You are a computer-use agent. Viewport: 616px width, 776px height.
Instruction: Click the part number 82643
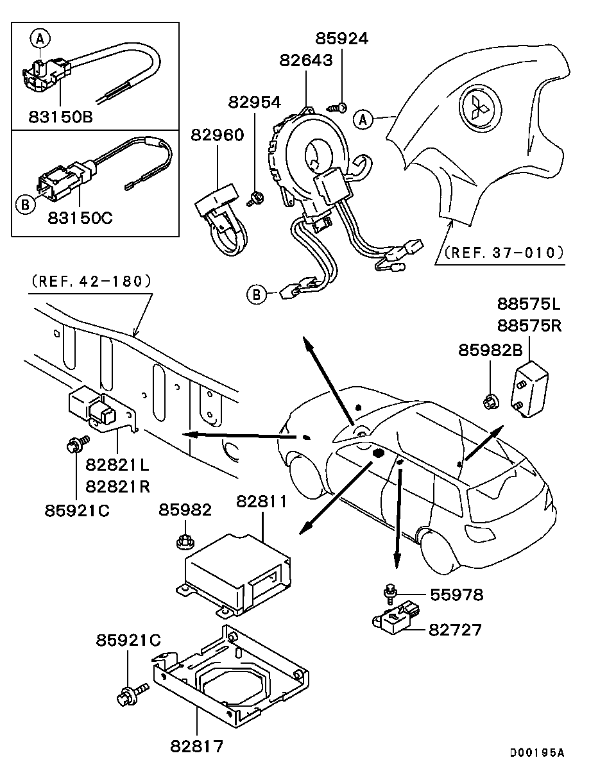point(306,60)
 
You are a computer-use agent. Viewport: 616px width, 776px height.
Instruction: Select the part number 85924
point(342,38)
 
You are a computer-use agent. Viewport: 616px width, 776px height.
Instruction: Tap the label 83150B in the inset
point(61,117)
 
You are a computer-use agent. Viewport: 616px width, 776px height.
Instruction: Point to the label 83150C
point(80,217)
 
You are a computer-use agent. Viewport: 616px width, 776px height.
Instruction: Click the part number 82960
point(217,135)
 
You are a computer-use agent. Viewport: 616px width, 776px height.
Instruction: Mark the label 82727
point(455,630)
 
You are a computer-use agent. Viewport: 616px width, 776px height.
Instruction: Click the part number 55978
point(456,595)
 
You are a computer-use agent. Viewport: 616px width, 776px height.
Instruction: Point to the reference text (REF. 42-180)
point(89,281)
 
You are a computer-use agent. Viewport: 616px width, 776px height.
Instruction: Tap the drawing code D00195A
point(537,753)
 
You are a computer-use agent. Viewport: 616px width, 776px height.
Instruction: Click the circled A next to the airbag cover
point(363,119)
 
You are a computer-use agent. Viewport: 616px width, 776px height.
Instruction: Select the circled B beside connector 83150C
point(25,205)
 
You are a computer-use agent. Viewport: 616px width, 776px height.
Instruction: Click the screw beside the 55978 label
point(389,591)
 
